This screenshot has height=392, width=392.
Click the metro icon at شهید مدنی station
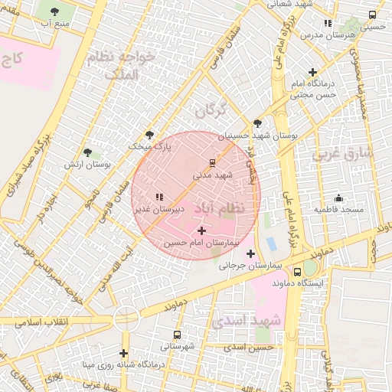coord(212,162)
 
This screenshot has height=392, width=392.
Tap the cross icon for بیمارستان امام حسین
coord(201,230)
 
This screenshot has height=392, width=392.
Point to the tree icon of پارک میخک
coord(149,134)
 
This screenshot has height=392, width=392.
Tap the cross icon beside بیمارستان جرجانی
coord(250,253)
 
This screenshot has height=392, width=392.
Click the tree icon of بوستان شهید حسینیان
coord(257,124)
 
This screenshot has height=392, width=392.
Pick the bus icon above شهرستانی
coord(178,335)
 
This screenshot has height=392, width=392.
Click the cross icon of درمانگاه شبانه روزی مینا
coord(123,353)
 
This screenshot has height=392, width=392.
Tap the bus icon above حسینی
coord(373,15)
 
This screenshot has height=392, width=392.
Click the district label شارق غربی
coord(342,152)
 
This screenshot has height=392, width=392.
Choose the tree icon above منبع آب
coord(55,11)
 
